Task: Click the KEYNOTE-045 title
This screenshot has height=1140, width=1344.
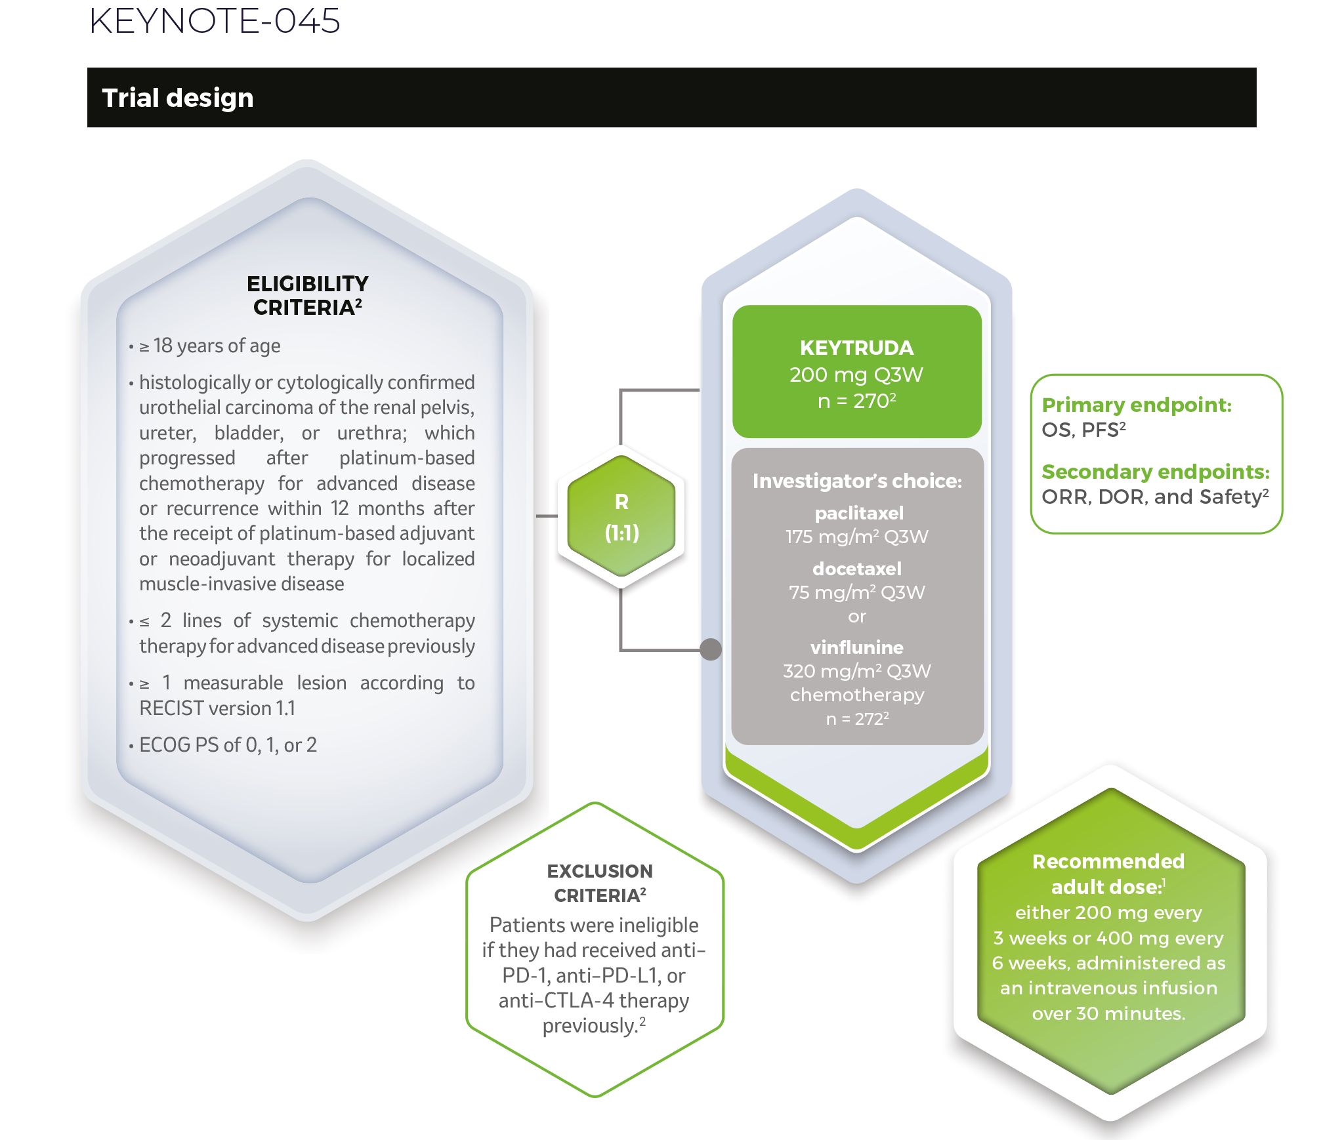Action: tap(215, 20)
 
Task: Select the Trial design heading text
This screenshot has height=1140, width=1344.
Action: tap(178, 98)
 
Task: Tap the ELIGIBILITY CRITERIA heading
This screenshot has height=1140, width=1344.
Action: tap(308, 295)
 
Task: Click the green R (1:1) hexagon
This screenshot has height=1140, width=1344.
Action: tap(621, 516)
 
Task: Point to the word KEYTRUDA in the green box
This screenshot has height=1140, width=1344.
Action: tap(856, 348)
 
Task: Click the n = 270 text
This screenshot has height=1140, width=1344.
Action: tap(856, 401)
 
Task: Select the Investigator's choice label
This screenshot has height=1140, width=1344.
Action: tap(857, 481)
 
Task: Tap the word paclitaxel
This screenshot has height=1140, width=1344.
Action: tap(859, 513)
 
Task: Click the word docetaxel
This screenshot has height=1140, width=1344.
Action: tap(857, 569)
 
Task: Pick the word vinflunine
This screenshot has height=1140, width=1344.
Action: tap(857, 647)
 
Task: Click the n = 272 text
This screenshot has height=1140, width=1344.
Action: tap(857, 719)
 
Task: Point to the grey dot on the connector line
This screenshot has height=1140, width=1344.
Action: tap(711, 649)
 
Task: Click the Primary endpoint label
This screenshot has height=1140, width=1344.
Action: tap(1137, 405)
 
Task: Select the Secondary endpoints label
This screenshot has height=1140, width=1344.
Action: tap(1156, 472)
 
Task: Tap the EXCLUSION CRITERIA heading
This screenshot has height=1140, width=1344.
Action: tap(600, 883)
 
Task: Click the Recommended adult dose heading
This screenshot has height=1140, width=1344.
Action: tap(1108, 874)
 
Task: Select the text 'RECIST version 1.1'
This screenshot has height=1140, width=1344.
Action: tap(217, 708)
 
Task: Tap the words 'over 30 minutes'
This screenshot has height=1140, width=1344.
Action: tap(1108, 1013)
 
